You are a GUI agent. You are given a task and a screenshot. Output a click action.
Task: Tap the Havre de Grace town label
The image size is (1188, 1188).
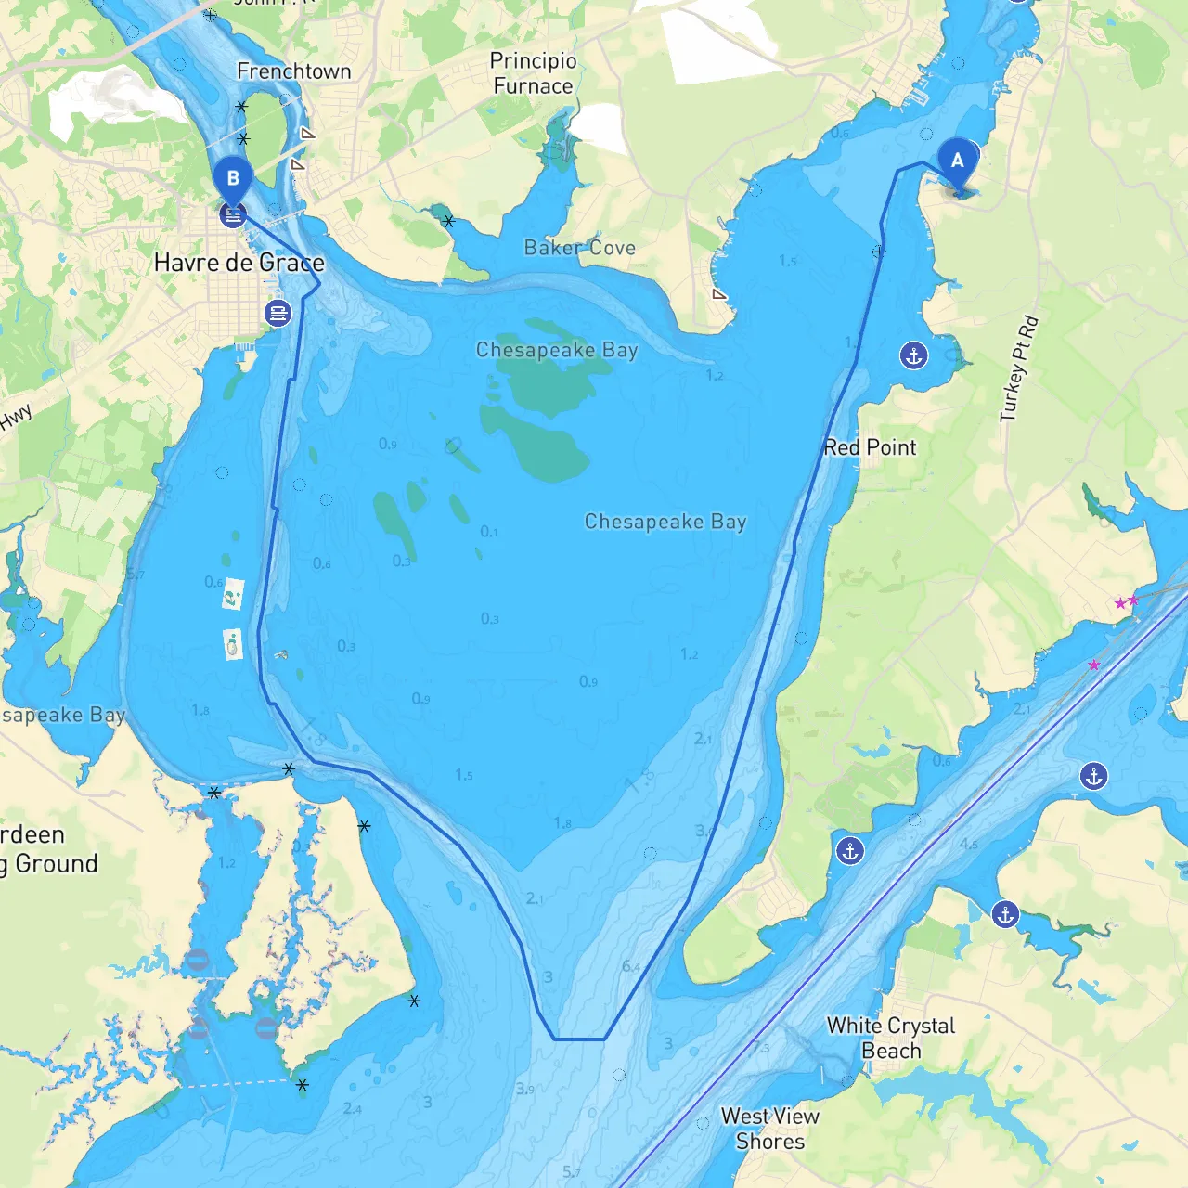tap(239, 263)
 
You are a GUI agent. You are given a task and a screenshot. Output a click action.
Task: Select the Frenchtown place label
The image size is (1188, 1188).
tap(293, 71)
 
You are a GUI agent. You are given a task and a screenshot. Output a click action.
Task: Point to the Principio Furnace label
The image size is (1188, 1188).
tap(533, 73)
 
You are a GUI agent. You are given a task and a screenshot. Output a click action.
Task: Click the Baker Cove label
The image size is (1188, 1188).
tap(579, 248)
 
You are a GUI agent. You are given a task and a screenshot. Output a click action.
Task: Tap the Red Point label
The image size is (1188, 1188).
tap(870, 447)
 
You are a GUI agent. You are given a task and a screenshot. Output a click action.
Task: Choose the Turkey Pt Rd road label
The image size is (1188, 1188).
tap(1018, 369)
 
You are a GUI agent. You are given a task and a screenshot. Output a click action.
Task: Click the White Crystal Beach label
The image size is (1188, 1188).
tap(890, 1038)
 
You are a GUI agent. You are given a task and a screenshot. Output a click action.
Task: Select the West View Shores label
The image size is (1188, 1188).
tap(769, 1129)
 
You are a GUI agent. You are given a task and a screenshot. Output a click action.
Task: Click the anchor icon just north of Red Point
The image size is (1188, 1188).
tap(914, 355)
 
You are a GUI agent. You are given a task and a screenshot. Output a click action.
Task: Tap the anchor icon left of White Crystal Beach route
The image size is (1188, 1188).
tap(849, 850)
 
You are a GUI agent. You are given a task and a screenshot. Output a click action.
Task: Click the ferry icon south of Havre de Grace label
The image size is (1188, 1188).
tap(278, 313)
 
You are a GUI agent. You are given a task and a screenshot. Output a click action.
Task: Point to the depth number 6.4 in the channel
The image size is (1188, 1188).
tap(631, 967)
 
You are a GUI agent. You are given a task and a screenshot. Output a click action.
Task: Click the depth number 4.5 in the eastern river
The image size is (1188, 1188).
tap(968, 845)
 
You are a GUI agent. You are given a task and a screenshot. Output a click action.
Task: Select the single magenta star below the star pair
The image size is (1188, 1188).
tap(1094, 665)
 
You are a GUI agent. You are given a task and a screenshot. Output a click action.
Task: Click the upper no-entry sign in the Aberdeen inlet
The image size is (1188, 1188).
tap(198, 961)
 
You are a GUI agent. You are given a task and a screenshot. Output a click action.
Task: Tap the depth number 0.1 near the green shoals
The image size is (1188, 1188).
tap(489, 532)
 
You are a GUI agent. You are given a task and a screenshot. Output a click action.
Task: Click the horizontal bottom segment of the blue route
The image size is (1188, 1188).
tap(580, 1039)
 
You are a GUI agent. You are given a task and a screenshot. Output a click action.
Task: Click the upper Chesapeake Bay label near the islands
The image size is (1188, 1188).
tap(556, 350)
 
